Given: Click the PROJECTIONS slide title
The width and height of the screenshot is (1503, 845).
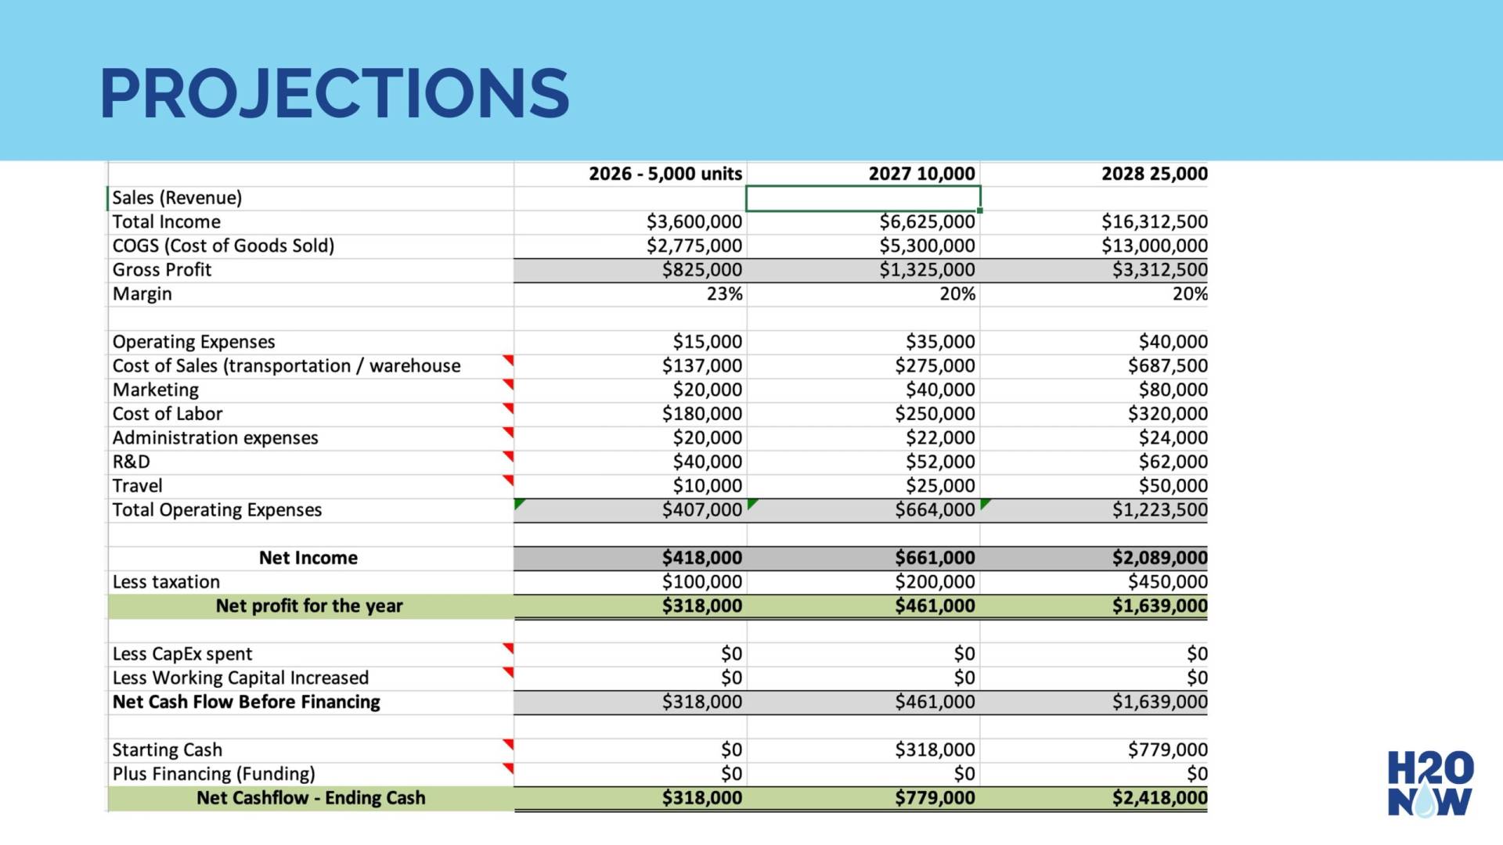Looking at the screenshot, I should [x=334, y=94].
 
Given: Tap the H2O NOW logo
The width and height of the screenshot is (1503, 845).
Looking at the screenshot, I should [x=1430, y=784].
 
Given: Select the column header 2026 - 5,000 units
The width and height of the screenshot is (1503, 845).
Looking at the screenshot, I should [x=665, y=174].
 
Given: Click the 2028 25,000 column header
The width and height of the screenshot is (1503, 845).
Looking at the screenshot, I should [x=1154, y=174].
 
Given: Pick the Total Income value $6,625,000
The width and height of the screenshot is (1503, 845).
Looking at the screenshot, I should [x=927, y=222].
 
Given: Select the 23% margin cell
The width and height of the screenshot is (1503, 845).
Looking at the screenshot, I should [x=724, y=294].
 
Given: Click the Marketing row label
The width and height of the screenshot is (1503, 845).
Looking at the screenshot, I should [x=156, y=390].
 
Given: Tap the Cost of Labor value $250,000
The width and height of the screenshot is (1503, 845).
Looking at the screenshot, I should [x=935, y=414].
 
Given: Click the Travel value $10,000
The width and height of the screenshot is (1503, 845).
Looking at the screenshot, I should [x=707, y=486].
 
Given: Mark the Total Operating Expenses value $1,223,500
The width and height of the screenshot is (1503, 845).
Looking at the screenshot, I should [x=1159, y=510].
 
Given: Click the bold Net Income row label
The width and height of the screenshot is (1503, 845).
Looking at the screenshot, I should [x=308, y=558].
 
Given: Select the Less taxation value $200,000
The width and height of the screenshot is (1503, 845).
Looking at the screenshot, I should [x=935, y=582].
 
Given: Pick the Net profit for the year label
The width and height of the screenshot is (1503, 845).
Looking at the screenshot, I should [x=309, y=606].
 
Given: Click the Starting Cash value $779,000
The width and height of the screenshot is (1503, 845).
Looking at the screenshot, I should [x=1167, y=750].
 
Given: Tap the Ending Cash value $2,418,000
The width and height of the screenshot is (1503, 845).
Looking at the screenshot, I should [x=1159, y=798].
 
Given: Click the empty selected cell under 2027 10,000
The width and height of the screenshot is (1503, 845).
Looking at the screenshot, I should [x=863, y=198].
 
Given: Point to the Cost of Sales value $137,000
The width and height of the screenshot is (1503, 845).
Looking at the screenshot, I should [x=701, y=366].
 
